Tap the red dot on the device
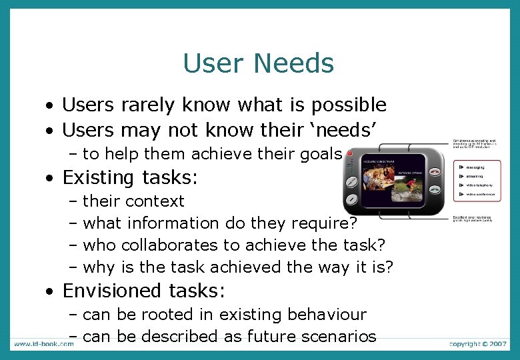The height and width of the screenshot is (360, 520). point(349,153)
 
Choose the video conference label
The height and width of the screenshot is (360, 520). point(479,194)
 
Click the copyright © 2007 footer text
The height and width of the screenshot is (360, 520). point(479,344)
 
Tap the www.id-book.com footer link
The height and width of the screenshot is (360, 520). point(43,344)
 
